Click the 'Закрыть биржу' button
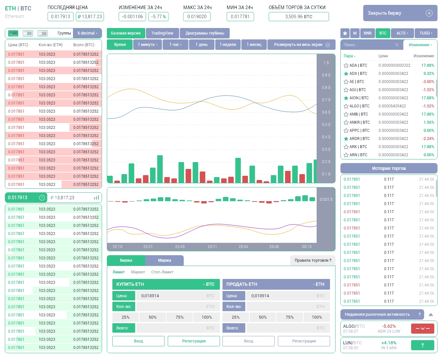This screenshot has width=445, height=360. (x=400, y=13)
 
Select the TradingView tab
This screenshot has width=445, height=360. (x=162, y=33)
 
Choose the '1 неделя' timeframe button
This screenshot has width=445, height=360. (x=228, y=45)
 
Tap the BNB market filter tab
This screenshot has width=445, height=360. (x=367, y=33)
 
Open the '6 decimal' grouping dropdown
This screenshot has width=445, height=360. (x=87, y=33)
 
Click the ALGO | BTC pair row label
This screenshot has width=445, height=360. (x=359, y=106)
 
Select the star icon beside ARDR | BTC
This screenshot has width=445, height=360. (x=346, y=139)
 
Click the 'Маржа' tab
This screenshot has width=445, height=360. (x=165, y=260)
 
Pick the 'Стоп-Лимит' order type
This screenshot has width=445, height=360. (x=162, y=272)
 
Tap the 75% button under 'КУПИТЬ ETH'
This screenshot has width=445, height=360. (x=179, y=317)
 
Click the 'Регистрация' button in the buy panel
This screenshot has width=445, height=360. (x=194, y=341)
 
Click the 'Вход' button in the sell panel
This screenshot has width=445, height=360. (x=249, y=341)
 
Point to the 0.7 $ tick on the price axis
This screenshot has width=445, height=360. (x=326, y=100)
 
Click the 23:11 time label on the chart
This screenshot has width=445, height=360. (x=212, y=247)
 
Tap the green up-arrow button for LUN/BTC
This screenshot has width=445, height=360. (x=423, y=345)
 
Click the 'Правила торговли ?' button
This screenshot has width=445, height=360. (x=313, y=260)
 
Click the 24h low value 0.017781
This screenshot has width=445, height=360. (x=240, y=17)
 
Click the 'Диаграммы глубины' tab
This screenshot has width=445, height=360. (x=205, y=33)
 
